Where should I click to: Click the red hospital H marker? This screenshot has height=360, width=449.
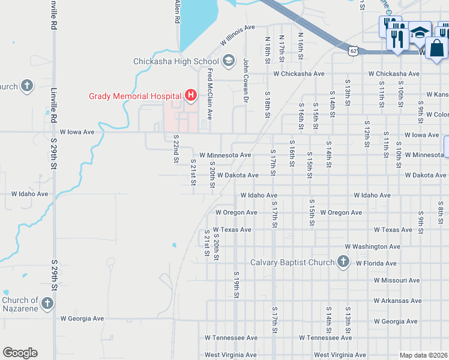191,95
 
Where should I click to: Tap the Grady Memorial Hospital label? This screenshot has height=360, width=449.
135,96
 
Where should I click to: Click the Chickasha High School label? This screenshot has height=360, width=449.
176,61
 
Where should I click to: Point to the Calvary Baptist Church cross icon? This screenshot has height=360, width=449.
343,262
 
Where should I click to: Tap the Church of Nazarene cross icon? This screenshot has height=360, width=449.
48,304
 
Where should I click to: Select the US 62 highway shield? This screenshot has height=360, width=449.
354,50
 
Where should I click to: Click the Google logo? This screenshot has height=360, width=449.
20,353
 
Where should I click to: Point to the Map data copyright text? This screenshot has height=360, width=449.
423,355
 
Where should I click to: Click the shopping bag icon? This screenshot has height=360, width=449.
438,48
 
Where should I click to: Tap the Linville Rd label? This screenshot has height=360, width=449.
54,19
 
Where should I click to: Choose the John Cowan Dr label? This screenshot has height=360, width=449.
246,80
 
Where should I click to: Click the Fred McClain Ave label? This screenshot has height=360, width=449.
209,94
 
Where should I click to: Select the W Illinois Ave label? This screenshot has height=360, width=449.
238,35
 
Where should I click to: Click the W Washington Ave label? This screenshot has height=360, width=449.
372,247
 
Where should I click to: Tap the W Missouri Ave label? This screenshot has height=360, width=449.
396,280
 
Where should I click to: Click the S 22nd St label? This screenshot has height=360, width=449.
176,149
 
